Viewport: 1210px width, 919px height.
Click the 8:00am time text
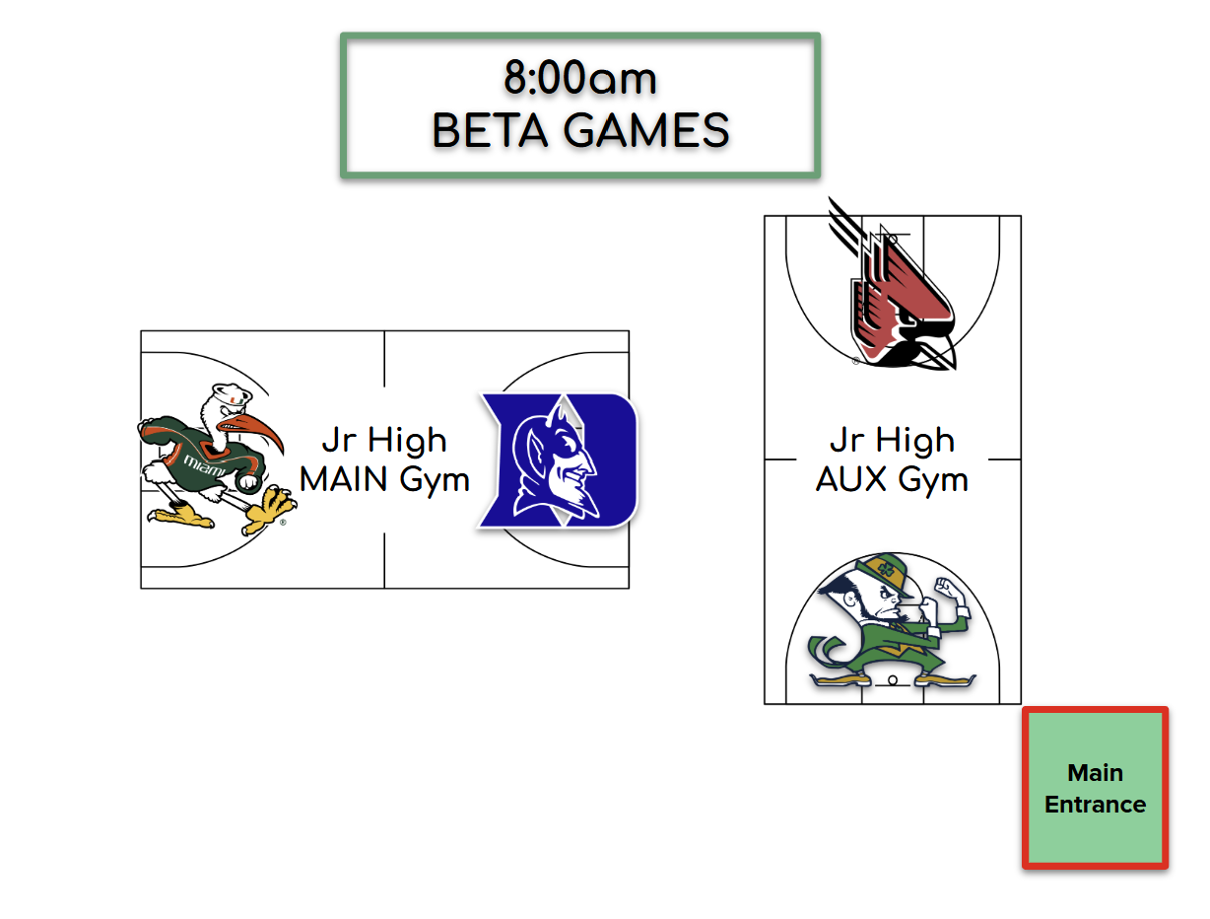580,79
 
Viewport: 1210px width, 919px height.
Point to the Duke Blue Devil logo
558,459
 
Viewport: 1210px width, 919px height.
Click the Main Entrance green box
1095,788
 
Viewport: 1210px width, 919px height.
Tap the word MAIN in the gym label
346,480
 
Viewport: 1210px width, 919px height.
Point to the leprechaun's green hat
881,569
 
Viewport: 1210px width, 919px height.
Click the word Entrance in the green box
1095,805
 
